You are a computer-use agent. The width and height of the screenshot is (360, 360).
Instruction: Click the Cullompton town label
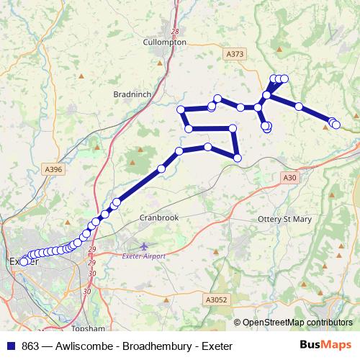166,42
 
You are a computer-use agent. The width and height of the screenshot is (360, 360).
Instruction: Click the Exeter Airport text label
144,256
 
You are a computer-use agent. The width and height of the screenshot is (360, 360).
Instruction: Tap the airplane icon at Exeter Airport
144,246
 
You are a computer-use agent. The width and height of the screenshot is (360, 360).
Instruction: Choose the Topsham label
98,308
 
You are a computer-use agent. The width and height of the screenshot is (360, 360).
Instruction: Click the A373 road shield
235,54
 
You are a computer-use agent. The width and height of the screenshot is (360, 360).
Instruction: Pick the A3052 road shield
216,300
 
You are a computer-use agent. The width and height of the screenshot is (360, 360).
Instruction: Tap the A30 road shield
289,177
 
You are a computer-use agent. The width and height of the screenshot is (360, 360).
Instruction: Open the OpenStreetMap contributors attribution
297,322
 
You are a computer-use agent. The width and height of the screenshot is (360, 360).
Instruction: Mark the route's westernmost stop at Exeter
24,261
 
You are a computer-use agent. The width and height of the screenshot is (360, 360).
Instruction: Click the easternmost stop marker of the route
336,125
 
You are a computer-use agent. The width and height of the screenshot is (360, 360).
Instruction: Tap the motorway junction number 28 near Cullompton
174,31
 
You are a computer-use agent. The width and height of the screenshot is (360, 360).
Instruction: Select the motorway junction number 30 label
86,291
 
